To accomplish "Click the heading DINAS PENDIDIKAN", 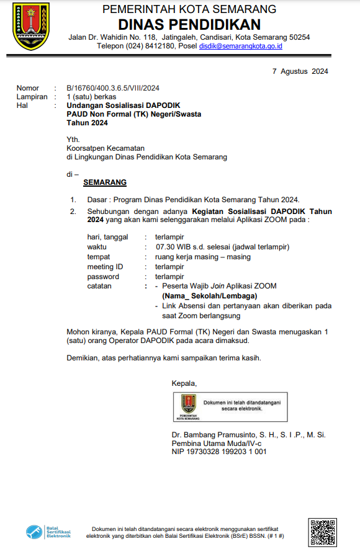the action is (x=189, y=24).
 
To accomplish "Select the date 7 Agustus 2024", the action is (x=300, y=71).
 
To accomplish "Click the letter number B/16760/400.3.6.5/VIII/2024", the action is (x=113, y=88).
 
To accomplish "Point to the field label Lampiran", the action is (x=32, y=97).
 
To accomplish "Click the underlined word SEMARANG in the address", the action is (x=105, y=182).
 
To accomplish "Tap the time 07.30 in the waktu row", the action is (x=166, y=247).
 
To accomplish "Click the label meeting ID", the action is (x=105, y=267).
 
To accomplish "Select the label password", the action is (x=103, y=277).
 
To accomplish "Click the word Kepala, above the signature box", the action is (x=184, y=383).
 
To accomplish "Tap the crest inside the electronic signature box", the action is (x=188, y=405).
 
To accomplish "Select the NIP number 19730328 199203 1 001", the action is (x=227, y=452).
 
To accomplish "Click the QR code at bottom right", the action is (x=323, y=532).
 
